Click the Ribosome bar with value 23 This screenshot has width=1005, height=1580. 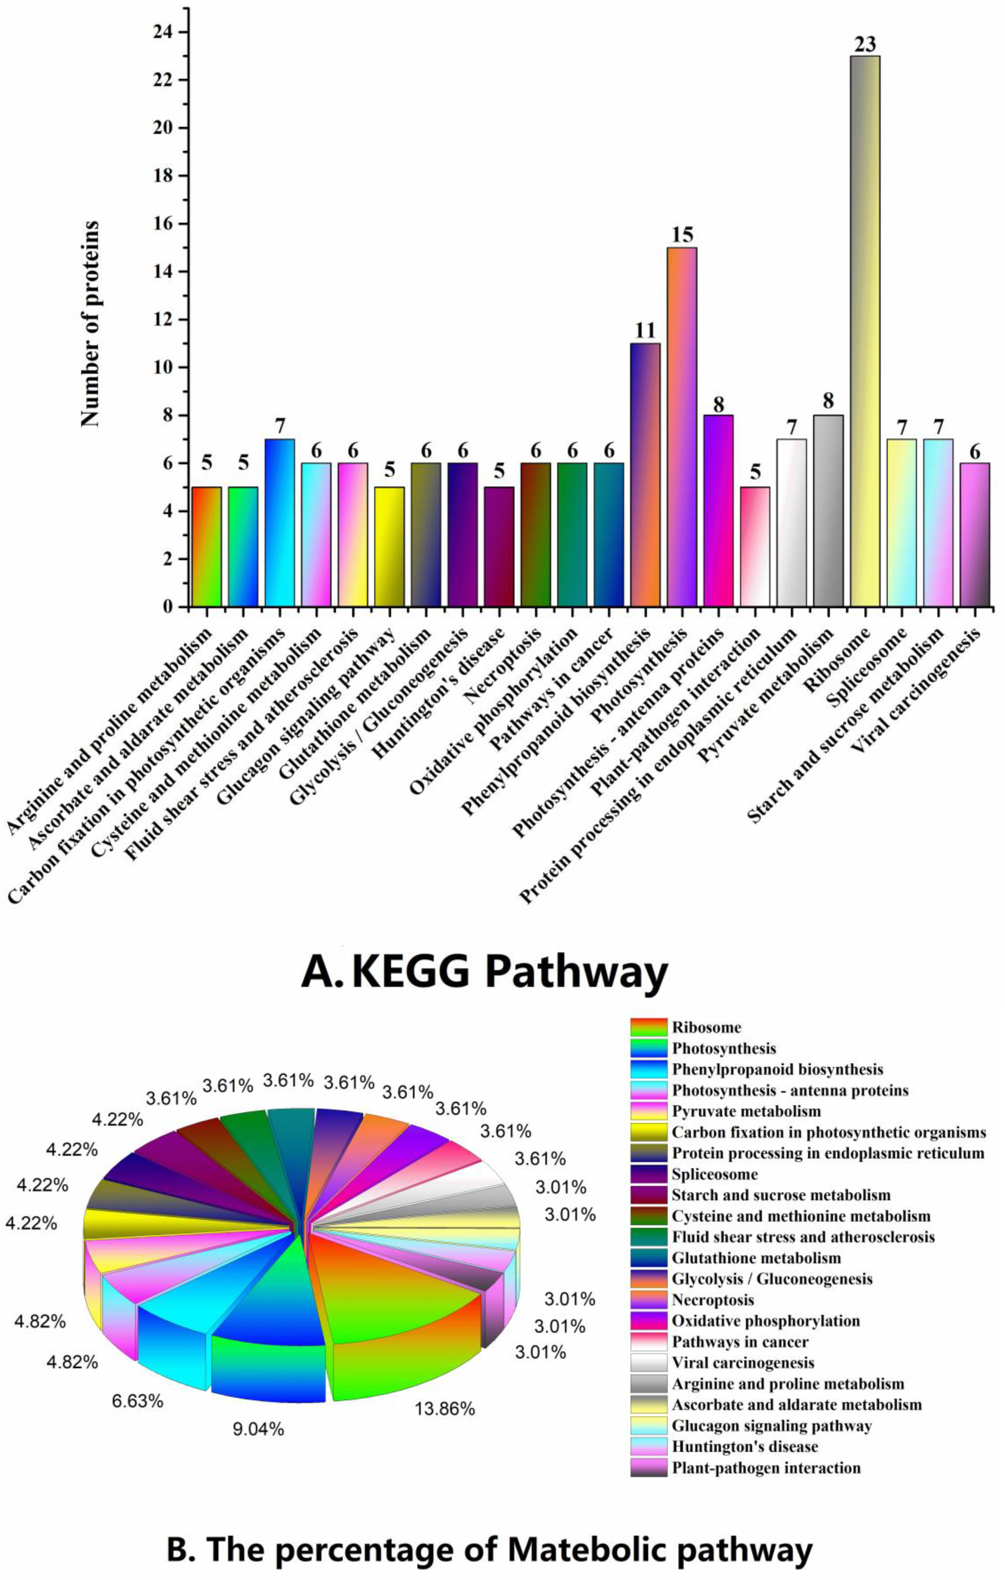click(865, 331)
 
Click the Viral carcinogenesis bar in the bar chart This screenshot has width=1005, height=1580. click(974, 535)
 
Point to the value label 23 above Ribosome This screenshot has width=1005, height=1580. click(865, 45)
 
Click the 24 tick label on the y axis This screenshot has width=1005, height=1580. click(160, 32)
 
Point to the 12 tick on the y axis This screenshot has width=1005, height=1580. click(160, 320)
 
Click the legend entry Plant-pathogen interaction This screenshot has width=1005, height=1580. click(766, 1468)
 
